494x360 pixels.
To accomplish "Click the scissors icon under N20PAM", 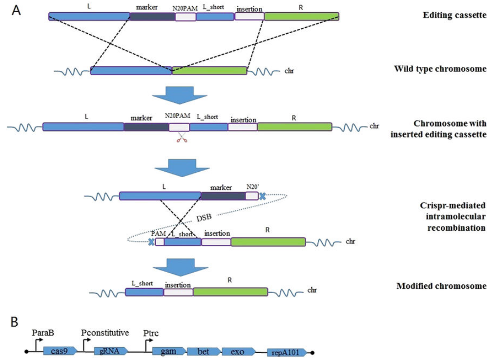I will point(182,139).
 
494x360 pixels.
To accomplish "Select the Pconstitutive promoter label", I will point(105,333).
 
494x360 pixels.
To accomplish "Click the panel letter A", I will point(16,10).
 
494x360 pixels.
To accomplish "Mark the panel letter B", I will point(15,322).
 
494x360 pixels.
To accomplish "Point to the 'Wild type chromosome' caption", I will point(440,69).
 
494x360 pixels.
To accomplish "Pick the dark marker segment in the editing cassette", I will point(152,17).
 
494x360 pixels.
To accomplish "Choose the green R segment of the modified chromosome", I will point(230,292).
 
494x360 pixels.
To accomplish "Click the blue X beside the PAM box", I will point(152,241).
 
